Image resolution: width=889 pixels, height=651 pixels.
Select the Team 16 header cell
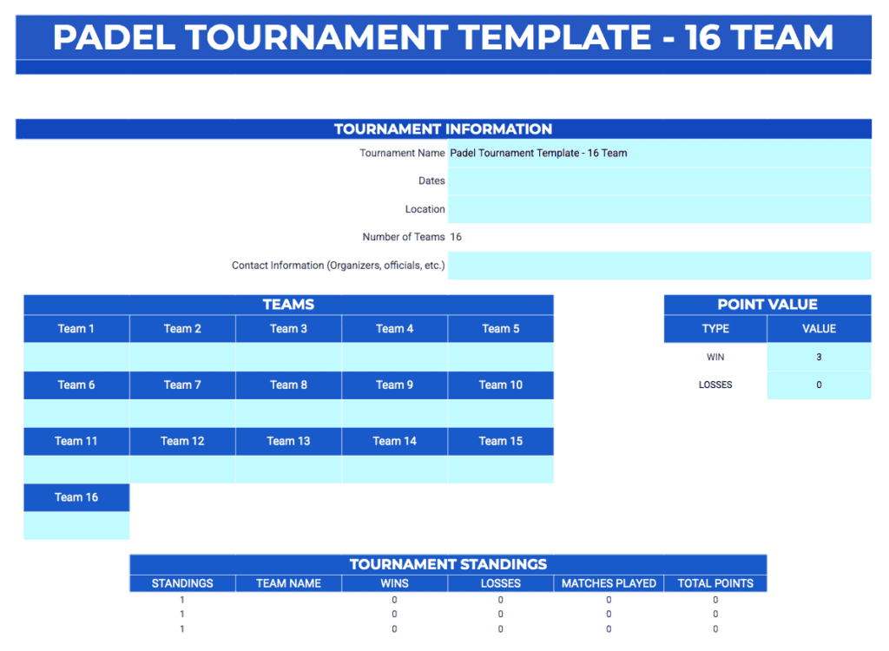[x=76, y=497]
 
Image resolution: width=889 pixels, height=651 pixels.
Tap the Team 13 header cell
[x=288, y=441]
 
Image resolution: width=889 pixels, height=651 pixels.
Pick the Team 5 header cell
[x=500, y=328]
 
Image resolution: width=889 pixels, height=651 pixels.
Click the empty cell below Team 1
[x=76, y=356]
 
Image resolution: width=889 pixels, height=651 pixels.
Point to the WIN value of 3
[x=819, y=357]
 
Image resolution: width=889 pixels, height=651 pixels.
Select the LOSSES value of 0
[x=819, y=385]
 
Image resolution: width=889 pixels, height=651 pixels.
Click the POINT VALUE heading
[x=767, y=305]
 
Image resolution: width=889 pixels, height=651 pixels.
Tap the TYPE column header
[x=715, y=328]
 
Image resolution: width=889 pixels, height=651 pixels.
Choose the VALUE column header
[x=819, y=328]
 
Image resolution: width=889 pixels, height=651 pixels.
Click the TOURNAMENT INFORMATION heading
[x=443, y=129]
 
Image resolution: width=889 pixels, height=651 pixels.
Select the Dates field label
[x=431, y=181]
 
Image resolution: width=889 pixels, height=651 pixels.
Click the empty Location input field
[x=659, y=209]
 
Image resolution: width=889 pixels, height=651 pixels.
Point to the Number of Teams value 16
[x=456, y=237]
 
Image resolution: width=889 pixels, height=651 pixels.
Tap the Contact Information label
[x=338, y=266]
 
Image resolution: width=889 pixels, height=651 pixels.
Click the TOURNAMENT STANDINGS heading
[x=448, y=564]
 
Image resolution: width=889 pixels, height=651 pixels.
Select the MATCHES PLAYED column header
[x=609, y=583]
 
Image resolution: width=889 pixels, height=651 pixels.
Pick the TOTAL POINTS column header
[x=715, y=583]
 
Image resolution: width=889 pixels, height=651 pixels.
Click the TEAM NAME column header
[x=288, y=583]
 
